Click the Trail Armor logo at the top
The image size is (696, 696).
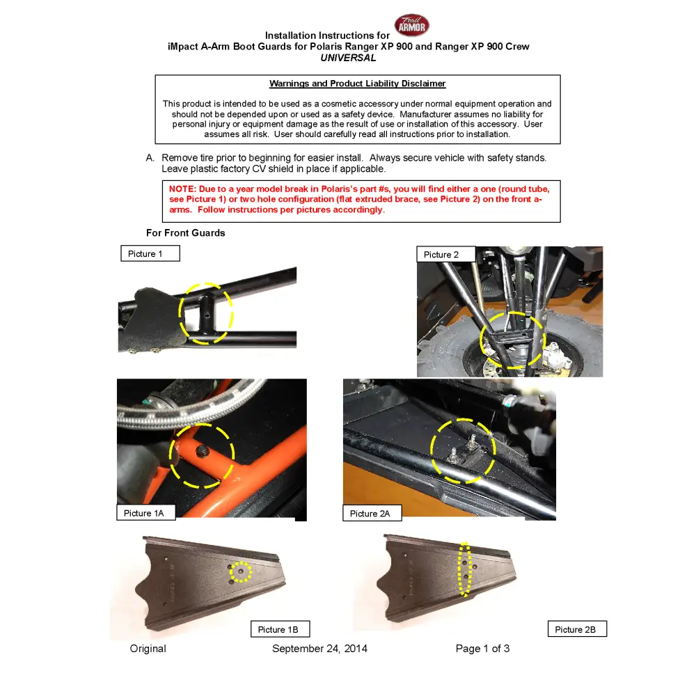pyautogui.click(x=412, y=25)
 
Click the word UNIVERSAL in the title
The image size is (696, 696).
pyautogui.click(x=348, y=58)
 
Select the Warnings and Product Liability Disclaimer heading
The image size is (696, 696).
pyautogui.click(x=357, y=84)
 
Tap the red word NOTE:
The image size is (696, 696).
pyautogui.click(x=182, y=189)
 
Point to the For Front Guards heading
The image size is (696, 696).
pyautogui.click(x=185, y=233)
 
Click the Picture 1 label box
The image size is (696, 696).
pyautogui.click(x=150, y=254)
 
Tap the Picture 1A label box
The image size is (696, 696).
pyautogui.click(x=144, y=513)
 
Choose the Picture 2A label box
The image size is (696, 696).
pyautogui.click(x=371, y=514)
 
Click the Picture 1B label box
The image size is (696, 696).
pyautogui.click(x=279, y=629)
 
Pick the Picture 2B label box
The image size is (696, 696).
pyautogui.click(x=576, y=629)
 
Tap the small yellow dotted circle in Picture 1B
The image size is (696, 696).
pyautogui.click(x=241, y=571)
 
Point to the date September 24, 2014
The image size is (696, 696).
pyautogui.click(x=319, y=649)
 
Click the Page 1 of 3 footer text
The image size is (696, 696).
pyautogui.click(x=482, y=649)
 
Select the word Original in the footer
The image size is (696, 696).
pyautogui.click(x=148, y=649)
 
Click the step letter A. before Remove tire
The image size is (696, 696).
pyautogui.click(x=150, y=158)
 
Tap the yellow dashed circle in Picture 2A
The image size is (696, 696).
pyautogui.click(x=464, y=451)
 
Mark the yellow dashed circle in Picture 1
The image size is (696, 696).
pyautogui.click(x=206, y=313)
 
